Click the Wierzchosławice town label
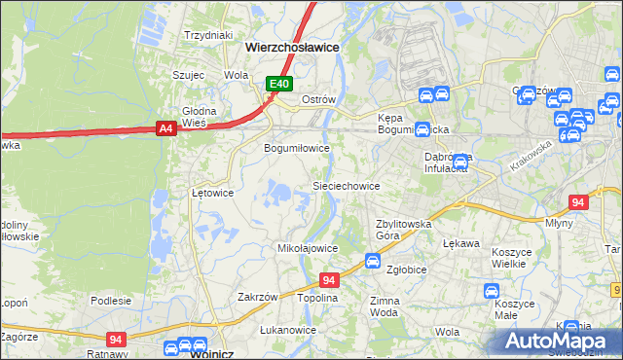[x=292, y=46]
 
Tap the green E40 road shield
[x=280, y=85]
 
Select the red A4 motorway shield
[x=165, y=127]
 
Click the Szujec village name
[x=188, y=74]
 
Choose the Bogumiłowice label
[x=298, y=148]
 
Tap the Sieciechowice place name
[x=346, y=185]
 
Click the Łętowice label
[x=212, y=193]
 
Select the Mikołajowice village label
[x=309, y=248]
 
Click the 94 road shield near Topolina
[x=329, y=280]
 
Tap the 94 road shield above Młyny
[x=578, y=202]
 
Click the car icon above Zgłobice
[x=372, y=260]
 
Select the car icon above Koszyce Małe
[x=493, y=290]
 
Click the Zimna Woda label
[x=385, y=307]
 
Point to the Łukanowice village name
[x=288, y=330]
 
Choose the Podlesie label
[x=111, y=301]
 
